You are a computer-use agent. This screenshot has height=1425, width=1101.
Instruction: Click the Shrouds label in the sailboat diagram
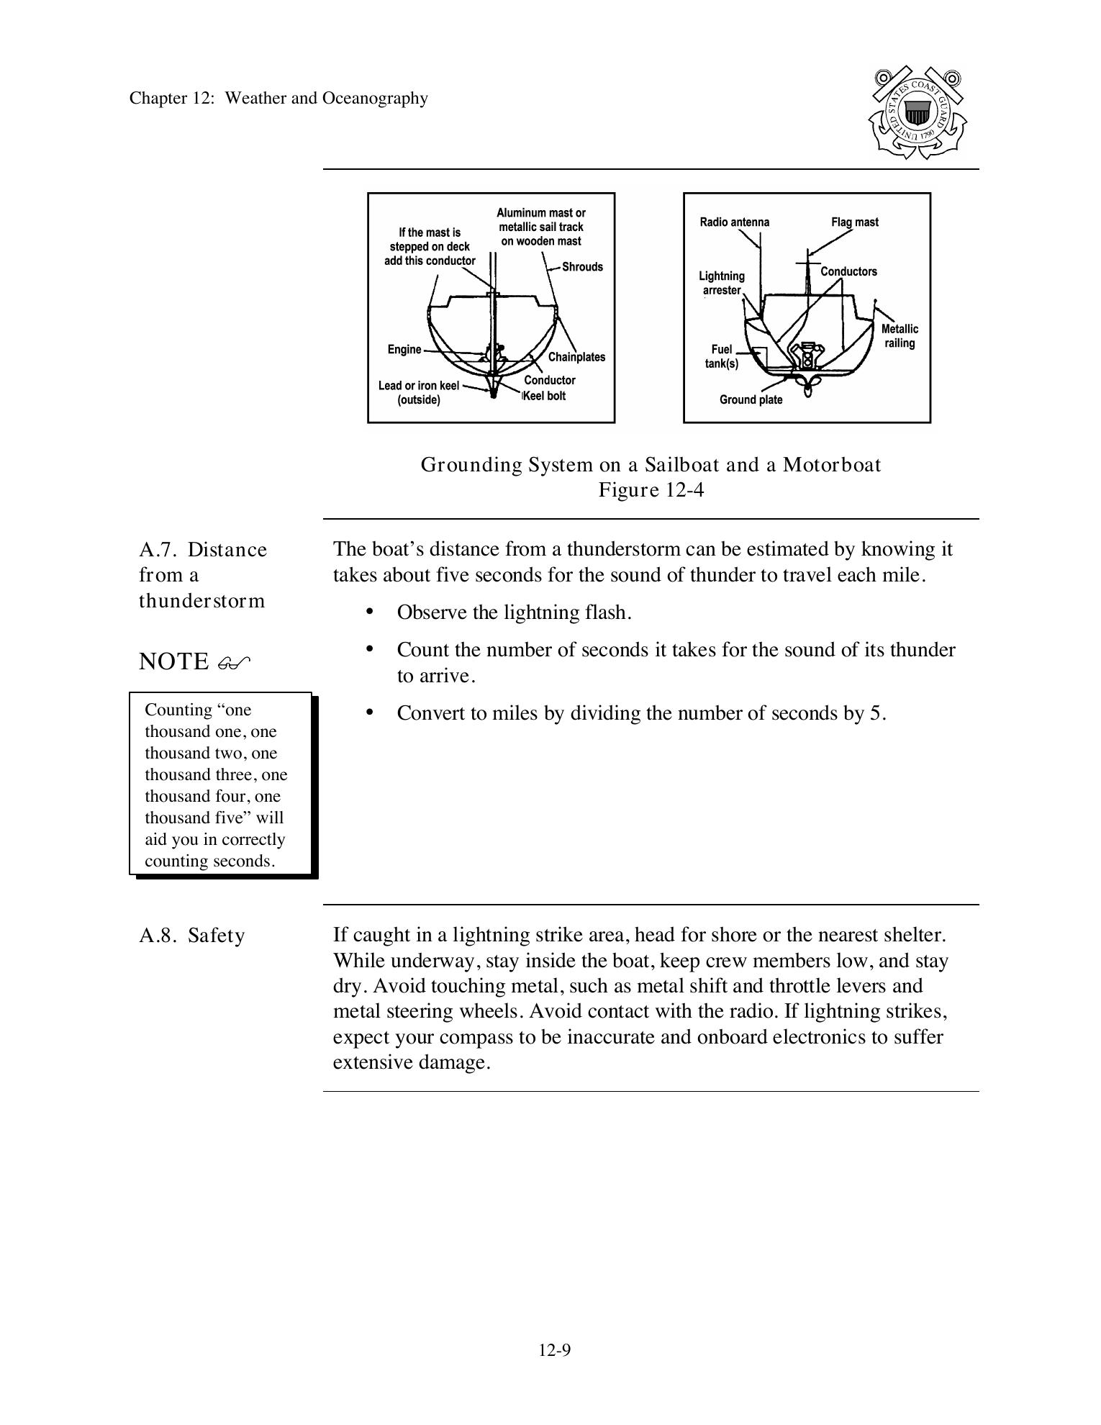[x=582, y=267]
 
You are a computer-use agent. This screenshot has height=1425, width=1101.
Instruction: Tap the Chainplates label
[x=576, y=357]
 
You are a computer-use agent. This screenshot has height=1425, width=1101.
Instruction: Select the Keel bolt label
[x=545, y=396]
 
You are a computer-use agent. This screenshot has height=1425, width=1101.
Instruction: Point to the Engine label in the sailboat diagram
[x=404, y=350]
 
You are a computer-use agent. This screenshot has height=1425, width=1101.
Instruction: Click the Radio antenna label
[x=734, y=222]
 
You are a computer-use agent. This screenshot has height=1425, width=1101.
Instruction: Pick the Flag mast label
[x=854, y=222]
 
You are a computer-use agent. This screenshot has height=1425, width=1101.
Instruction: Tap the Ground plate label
[x=751, y=400]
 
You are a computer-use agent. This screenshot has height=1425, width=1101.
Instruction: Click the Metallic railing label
[x=900, y=336]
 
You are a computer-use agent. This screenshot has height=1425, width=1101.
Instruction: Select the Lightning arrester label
[x=722, y=284]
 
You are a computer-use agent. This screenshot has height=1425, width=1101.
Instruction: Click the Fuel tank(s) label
[x=722, y=357]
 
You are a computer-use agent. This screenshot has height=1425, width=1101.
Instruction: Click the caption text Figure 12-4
[x=651, y=490]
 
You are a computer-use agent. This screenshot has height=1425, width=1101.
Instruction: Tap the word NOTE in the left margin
[x=173, y=661]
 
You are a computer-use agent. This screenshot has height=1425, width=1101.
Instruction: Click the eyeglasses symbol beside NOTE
[x=234, y=663]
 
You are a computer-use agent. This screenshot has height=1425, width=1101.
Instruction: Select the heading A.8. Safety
[x=191, y=936]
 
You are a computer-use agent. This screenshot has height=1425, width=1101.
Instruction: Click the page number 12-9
[x=554, y=1350]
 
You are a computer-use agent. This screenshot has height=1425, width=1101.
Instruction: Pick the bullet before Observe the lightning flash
[x=370, y=612]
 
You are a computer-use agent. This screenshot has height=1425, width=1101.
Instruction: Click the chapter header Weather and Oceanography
[x=326, y=99]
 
